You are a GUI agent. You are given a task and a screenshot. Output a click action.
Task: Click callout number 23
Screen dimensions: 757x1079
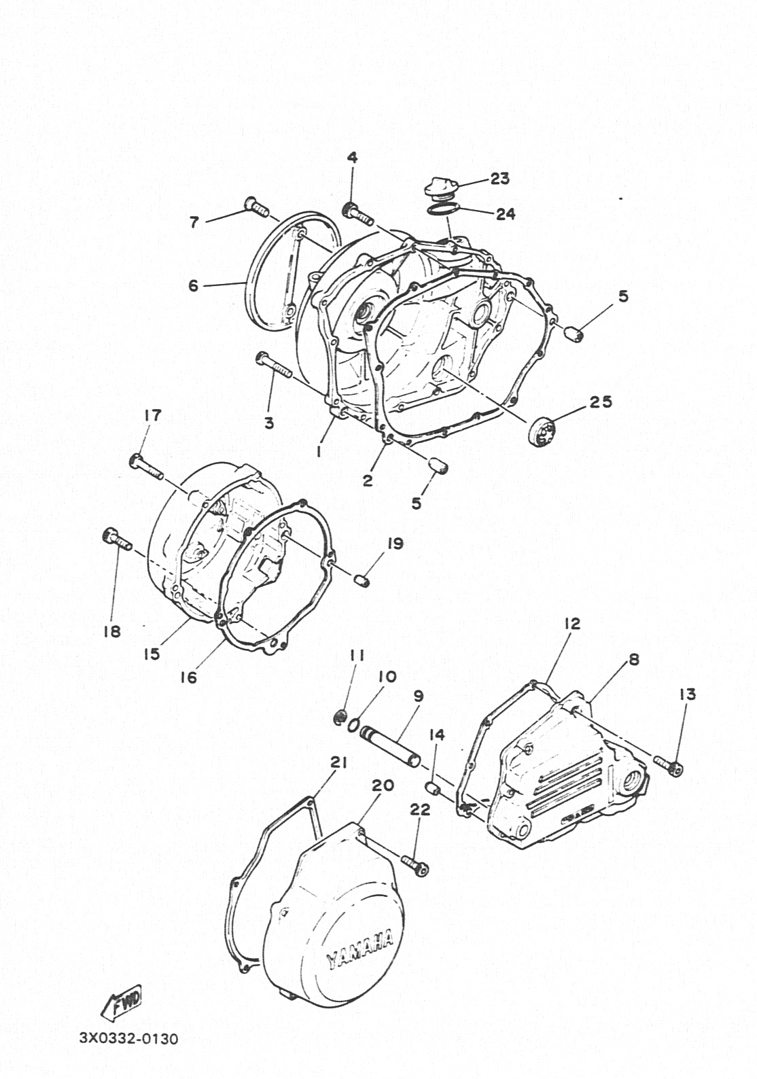(499, 179)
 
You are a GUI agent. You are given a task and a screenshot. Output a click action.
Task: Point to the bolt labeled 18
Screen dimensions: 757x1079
(118, 539)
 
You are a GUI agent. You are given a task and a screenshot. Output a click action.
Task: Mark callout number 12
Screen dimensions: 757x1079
(572, 624)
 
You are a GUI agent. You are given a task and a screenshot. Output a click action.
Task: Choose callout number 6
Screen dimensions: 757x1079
(193, 286)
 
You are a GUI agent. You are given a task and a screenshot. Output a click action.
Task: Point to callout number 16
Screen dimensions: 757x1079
(188, 677)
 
